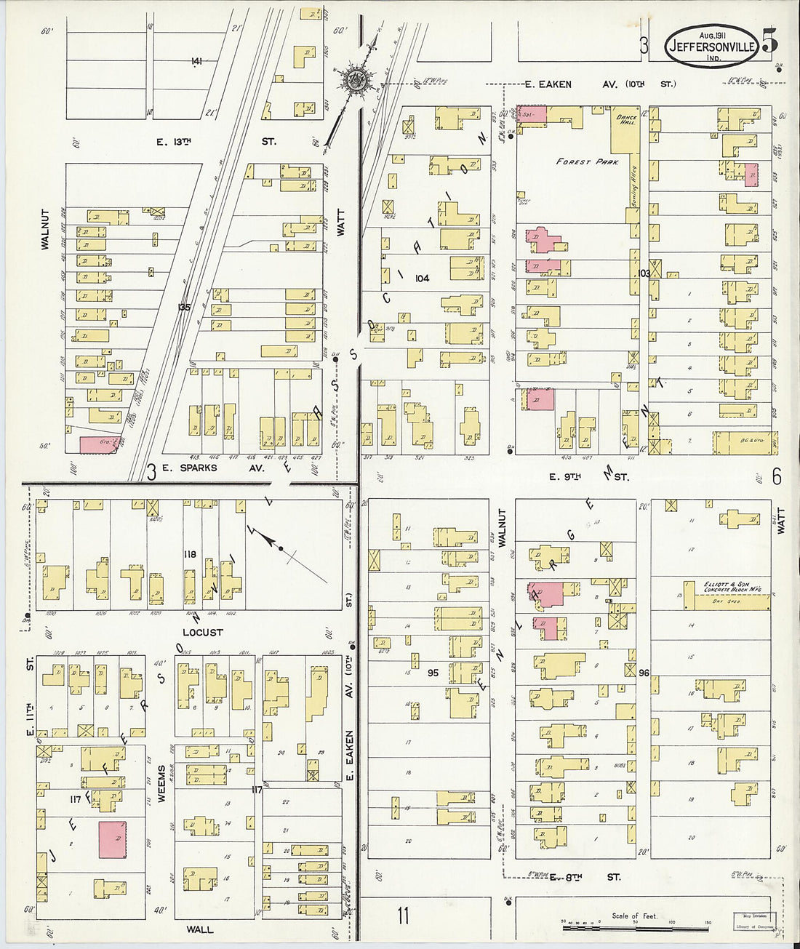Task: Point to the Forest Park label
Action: [587, 162]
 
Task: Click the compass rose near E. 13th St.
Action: [356, 79]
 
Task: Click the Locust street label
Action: [202, 633]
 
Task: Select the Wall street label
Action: [199, 929]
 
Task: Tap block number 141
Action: [196, 62]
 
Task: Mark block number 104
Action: [422, 279]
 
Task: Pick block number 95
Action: [433, 673]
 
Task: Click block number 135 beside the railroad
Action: [184, 308]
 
